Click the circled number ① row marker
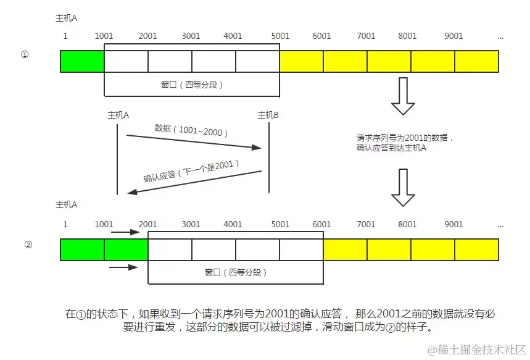25,55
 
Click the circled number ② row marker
28,244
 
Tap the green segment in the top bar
83,61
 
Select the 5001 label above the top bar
279,36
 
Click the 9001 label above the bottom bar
454,225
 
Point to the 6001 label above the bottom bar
322,225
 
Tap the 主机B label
268,115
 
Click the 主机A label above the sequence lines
117,115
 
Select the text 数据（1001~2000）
191,130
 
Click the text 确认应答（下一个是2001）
191,171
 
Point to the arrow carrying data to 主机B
194,141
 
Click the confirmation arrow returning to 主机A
194,182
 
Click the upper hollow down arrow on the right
404,96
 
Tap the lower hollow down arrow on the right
404,188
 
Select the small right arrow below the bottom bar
124,267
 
